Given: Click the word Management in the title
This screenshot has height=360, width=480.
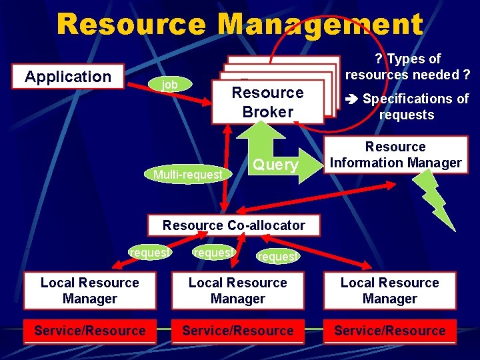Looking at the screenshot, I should (x=320, y=25).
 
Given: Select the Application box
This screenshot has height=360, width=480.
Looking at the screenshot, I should (x=68, y=77).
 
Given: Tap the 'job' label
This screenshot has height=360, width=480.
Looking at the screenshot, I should (x=170, y=85).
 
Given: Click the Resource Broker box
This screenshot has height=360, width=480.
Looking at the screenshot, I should (x=267, y=102).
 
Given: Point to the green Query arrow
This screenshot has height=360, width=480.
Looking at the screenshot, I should (x=275, y=163).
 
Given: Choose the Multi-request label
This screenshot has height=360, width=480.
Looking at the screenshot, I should (x=187, y=175).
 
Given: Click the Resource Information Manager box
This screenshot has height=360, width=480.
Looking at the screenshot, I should (x=395, y=155).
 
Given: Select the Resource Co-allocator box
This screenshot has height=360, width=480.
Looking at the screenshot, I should (x=233, y=225).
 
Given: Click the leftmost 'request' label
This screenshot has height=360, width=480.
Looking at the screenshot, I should (x=151, y=253).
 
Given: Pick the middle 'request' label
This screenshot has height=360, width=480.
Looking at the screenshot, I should (x=213, y=253).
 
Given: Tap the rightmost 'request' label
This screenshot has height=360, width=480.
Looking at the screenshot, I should (x=278, y=256).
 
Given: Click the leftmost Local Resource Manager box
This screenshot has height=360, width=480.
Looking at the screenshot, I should (x=89, y=291).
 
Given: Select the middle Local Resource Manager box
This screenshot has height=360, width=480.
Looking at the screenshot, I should (x=238, y=291).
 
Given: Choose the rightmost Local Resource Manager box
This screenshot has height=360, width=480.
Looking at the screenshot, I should (x=390, y=291).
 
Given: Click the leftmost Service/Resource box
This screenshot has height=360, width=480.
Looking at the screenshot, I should (x=89, y=331).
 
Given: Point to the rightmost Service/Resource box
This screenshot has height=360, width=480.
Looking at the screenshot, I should (x=390, y=331).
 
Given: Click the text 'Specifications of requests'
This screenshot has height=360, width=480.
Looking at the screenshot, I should (x=415, y=107).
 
